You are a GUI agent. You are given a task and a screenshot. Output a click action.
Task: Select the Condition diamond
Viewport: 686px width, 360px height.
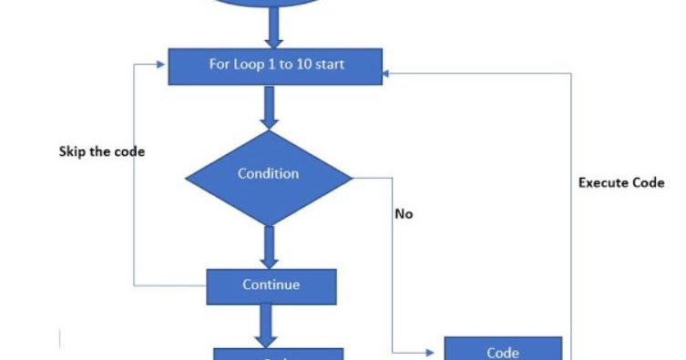[x=268, y=174]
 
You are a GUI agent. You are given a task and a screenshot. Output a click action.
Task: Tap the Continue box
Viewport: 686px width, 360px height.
[x=271, y=285]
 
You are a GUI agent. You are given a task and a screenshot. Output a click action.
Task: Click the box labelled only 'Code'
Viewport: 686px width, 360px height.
[x=503, y=350]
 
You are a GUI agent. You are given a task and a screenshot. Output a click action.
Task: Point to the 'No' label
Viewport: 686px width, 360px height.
[x=404, y=213]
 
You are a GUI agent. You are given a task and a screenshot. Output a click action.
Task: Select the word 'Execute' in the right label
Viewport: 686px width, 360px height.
[x=605, y=182]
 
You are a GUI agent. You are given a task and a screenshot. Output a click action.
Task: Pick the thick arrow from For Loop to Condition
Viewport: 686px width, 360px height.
[x=269, y=107]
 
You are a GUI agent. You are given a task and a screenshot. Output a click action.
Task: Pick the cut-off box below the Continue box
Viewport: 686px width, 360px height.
[x=278, y=355]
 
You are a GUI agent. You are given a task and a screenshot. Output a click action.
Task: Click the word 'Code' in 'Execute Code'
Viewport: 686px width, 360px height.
[x=647, y=182]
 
